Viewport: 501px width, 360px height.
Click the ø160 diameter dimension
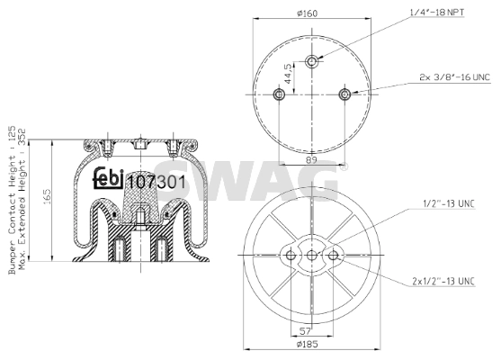pyautogui.click(x=307, y=13)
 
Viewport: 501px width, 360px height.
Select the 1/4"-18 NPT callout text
pyautogui.click(x=437, y=13)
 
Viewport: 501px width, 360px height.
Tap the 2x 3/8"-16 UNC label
pyautogui.click(x=454, y=77)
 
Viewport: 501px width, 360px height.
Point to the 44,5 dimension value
pyautogui.click(x=288, y=74)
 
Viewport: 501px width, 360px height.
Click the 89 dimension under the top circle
pyautogui.click(x=311, y=160)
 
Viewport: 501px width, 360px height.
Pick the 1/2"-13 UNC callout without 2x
pyautogui.click(x=449, y=203)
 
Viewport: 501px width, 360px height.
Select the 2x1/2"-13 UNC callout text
pyautogui.click(x=443, y=282)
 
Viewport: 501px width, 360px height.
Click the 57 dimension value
pyautogui.click(x=306, y=331)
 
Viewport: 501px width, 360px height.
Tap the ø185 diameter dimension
pyautogui.click(x=307, y=345)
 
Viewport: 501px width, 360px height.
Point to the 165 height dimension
pyautogui.click(x=47, y=197)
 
